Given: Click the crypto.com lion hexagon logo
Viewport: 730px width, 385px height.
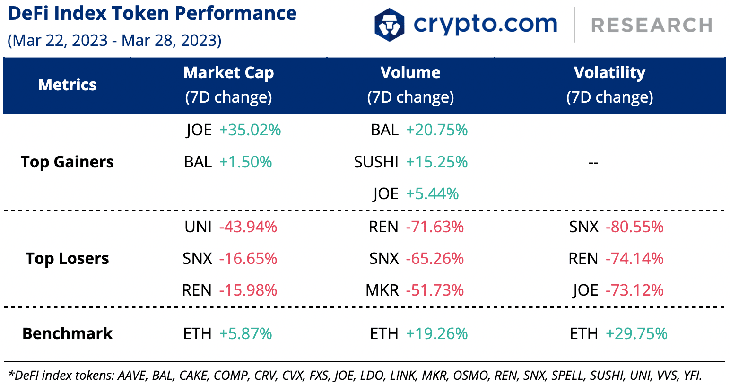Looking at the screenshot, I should pos(389,25).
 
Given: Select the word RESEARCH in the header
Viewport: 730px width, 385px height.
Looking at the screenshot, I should pos(652,26).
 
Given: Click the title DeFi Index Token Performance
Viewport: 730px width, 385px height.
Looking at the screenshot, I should pos(152,14).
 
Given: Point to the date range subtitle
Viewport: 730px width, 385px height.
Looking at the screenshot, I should pos(114,41).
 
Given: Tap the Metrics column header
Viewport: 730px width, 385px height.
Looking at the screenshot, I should pos(67,85).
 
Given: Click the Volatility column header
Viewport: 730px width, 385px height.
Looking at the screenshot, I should pos(609,73).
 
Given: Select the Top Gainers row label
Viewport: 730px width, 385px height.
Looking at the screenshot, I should pos(67,162).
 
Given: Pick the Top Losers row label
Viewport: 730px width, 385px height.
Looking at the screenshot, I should pos(67,259).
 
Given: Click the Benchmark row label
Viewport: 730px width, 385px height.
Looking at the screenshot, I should pos(67,334).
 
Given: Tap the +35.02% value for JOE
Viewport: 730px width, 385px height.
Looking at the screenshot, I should pos(250,130).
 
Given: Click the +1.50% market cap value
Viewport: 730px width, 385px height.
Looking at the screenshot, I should pos(245,162).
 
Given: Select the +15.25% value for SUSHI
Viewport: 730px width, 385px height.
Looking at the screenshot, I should pos(436,162).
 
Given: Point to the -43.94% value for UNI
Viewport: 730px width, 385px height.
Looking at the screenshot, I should pos(248,227).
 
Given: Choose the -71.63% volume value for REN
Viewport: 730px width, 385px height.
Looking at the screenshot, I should pos(435,227).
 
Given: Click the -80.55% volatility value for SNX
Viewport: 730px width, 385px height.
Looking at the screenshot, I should pos(634,227).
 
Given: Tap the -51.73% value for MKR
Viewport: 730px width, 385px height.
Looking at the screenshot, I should pos(435,290).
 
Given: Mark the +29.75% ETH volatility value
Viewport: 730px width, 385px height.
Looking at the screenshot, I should pos(636,334).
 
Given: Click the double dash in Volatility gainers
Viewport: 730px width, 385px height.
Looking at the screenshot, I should pos(593,163).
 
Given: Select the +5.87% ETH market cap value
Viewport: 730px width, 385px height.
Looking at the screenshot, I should pos(245,334).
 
